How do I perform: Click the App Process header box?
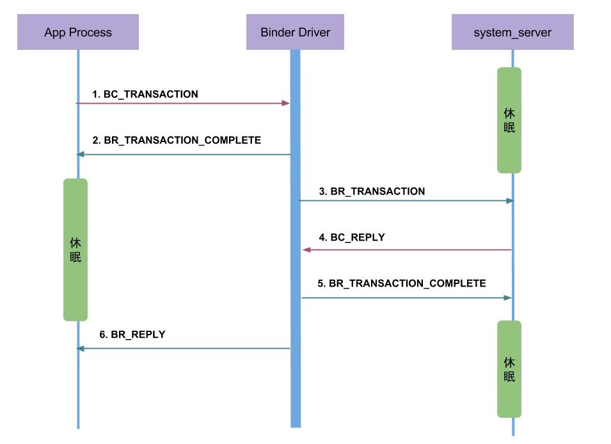coord(77,32)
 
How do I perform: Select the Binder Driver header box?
coord(295,32)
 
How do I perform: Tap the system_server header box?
coord(512,32)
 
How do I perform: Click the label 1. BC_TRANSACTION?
coord(145,94)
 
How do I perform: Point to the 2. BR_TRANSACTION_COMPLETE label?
coord(176,140)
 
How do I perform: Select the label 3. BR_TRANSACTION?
coord(372,191)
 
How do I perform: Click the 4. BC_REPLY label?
coord(352,237)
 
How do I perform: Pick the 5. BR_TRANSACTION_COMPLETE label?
coord(402,283)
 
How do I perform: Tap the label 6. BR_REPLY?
coord(132,334)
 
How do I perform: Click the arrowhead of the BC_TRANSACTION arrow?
coord(286,103)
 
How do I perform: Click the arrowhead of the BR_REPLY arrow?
coord(80,349)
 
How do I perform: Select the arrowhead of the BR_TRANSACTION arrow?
coord(510,201)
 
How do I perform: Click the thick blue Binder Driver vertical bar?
coord(295,384)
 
